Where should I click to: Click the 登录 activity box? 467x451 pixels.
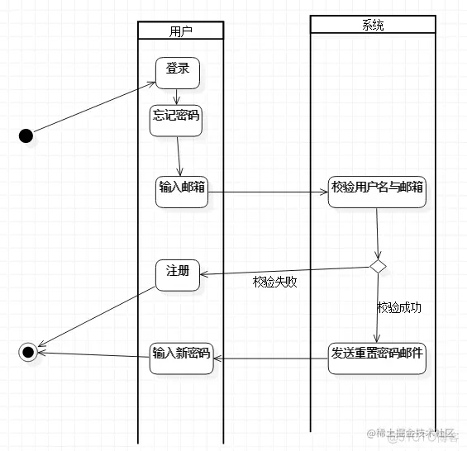coord(178,71)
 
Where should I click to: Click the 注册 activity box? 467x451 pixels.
coord(178,274)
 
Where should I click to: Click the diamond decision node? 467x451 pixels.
coord(378,266)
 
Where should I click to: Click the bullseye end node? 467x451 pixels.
coord(27,353)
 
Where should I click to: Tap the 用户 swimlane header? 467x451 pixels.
coord(180,31)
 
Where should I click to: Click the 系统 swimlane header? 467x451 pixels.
coord(373,25)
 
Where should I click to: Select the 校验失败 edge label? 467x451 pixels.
coord(274,282)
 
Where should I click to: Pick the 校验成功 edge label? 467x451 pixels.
coord(399,307)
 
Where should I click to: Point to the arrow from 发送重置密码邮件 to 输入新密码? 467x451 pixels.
coord(270,358)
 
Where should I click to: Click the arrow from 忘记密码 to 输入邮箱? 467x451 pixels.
coord(179,154)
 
